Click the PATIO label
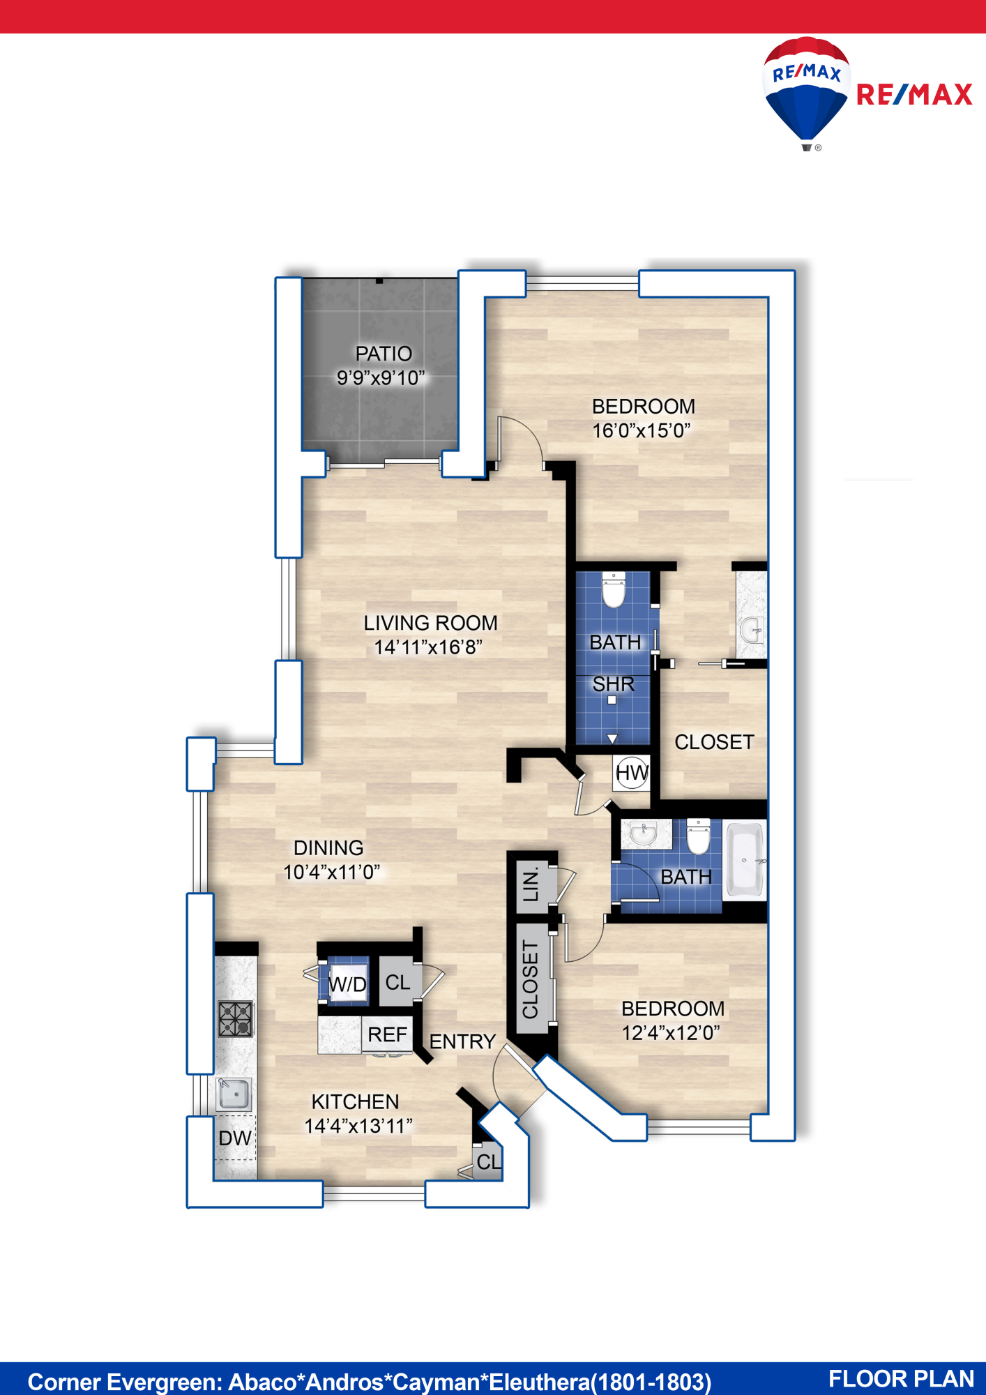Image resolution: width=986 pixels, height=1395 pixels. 384,354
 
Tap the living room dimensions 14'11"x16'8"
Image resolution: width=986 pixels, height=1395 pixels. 428,647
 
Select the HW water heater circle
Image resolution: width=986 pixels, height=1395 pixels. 632,773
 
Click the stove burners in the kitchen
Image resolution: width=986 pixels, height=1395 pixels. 236,1019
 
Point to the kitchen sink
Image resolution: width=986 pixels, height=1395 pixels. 234,1094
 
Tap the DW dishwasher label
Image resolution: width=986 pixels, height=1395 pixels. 235,1138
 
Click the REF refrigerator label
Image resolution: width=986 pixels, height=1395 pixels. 387,1034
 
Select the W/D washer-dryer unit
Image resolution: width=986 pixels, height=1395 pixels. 347,983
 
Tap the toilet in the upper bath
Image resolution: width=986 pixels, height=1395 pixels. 614,590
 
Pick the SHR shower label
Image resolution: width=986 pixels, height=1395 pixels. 614,684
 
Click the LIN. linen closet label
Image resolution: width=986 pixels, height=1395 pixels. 531,884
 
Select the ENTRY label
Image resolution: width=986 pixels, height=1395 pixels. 462,1041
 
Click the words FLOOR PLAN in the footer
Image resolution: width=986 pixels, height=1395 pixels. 901,1379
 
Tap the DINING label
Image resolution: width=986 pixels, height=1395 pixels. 328,847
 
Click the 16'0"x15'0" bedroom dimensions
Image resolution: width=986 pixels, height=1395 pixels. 642,430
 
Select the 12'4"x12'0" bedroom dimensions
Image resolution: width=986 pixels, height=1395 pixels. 671,1032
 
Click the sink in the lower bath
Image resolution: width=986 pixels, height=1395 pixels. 645,834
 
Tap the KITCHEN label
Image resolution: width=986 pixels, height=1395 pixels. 356,1101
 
